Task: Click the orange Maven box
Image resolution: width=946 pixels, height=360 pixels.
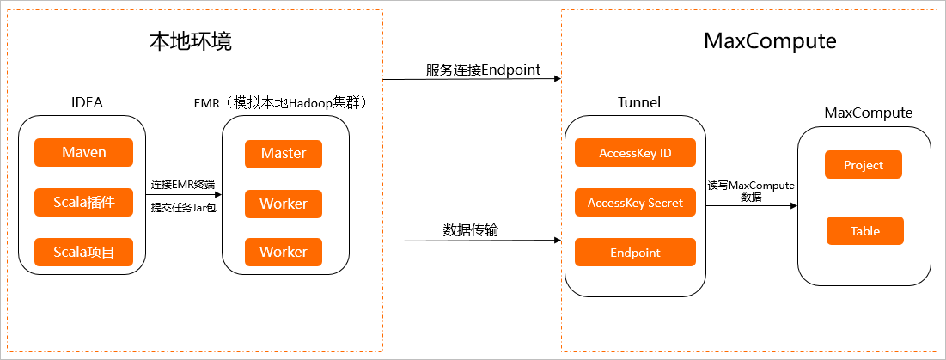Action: (84, 153)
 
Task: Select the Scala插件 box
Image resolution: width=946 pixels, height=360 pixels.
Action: (84, 203)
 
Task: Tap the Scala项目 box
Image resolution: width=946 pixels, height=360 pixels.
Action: (84, 252)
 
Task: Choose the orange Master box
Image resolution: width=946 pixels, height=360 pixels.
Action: (284, 154)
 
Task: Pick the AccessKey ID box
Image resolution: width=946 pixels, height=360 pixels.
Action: (635, 153)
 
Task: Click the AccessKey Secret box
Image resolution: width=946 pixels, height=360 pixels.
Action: (635, 203)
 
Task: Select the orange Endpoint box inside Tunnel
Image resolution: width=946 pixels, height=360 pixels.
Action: (635, 253)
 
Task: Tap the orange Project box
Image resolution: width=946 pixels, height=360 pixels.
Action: (864, 165)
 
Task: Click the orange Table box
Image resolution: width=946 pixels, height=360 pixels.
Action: (865, 231)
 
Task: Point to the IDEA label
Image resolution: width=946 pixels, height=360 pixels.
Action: (87, 103)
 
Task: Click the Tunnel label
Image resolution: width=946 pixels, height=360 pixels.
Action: (639, 103)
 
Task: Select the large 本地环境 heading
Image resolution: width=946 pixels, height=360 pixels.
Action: (191, 41)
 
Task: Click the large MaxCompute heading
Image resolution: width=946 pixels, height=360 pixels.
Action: (770, 41)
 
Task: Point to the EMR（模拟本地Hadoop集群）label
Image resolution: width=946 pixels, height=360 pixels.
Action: (283, 103)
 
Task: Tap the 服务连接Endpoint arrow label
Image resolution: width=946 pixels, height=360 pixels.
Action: (483, 70)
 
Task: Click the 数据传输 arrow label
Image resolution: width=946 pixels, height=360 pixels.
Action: (471, 230)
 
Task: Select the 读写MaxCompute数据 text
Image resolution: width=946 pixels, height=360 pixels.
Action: (750, 191)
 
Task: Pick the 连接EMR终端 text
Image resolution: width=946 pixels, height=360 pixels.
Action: (182, 184)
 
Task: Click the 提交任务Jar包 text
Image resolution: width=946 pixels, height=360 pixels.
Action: (182, 207)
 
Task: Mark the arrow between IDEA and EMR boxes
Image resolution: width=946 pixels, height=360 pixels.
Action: (182, 196)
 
